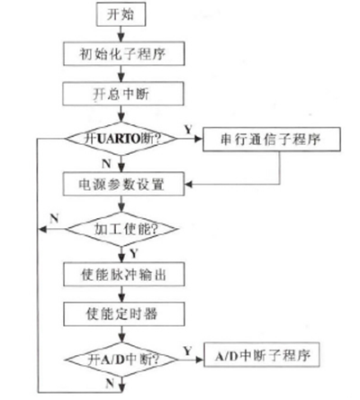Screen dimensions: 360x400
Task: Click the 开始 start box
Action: tap(121, 14)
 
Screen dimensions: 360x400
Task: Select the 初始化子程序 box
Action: tap(123, 54)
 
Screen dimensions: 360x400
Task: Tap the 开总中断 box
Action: tap(123, 94)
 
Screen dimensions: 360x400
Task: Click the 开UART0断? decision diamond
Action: tap(121, 139)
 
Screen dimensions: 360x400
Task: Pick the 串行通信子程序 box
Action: tap(272, 140)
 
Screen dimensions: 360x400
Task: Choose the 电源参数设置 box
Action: tap(123, 184)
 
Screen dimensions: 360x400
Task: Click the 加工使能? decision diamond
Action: tap(121, 230)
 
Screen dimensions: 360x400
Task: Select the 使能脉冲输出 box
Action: tap(123, 274)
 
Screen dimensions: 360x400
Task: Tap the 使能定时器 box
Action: tap(124, 314)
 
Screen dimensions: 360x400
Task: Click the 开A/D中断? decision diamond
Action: tap(121, 359)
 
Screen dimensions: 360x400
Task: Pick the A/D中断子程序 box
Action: tap(262, 355)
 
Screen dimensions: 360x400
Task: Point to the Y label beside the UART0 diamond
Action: tap(188, 130)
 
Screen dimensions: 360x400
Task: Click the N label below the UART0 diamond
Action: tap(106, 164)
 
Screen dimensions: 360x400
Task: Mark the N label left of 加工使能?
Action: tap(54, 219)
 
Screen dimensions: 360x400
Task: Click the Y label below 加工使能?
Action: tap(134, 254)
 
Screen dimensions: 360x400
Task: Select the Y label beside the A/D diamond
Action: tap(187, 350)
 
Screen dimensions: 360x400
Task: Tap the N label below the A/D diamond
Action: tap(110, 383)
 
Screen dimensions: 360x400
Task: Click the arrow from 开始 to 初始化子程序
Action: tap(121, 34)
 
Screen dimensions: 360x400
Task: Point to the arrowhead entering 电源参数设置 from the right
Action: tap(188, 184)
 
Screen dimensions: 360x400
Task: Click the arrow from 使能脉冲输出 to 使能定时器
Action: tap(121, 295)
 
